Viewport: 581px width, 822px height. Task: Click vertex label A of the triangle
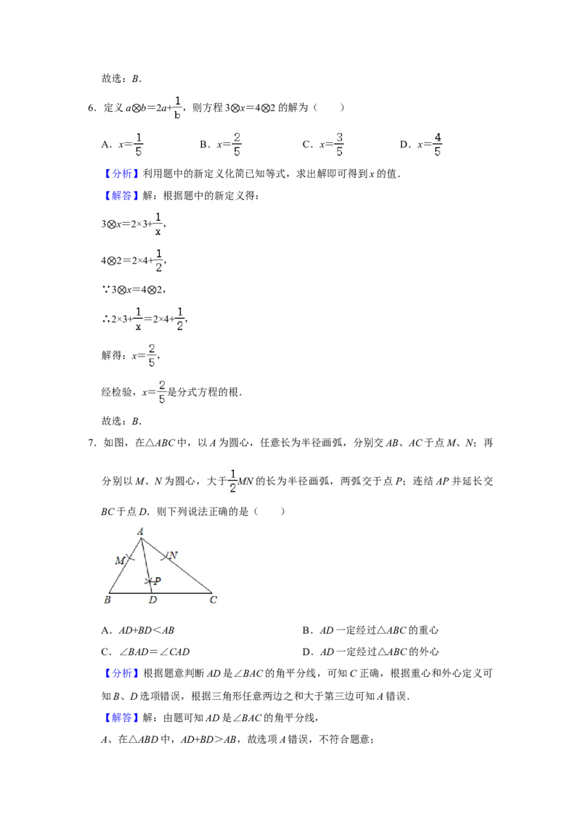pyautogui.click(x=141, y=532)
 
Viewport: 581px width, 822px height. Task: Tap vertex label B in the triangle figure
pyautogui.click(x=107, y=600)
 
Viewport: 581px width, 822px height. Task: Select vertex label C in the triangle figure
pyautogui.click(x=214, y=600)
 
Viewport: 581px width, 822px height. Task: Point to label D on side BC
pyautogui.click(x=153, y=600)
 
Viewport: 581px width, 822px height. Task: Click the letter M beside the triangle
pyautogui.click(x=120, y=561)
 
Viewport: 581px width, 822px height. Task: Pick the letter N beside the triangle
pyautogui.click(x=174, y=556)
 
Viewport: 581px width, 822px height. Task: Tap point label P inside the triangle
pyautogui.click(x=158, y=581)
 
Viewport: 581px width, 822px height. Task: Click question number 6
pyautogui.click(x=92, y=107)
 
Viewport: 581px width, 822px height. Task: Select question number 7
pyautogui.click(x=92, y=443)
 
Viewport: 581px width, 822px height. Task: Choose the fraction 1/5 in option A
pyautogui.click(x=139, y=145)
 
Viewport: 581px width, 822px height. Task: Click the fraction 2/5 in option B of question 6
pyautogui.click(x=237, y=145)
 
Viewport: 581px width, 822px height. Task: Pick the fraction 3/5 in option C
pyautogui.click(x=339, y=145)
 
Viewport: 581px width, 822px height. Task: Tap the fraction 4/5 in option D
pyautogui.click(x=437, y=145)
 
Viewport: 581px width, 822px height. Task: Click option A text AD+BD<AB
pyautogui.click(x=146, y=630)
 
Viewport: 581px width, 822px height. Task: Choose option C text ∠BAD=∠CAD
pyautogui.click(x=154, y=652)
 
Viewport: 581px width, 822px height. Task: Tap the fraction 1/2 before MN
pyautogui.click(x=233, y=481)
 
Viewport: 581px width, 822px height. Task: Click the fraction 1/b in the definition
pyautogui.click(x=177, y=107)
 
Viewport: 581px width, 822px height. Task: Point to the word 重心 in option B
pyautogui.click(x=428, y=630)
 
